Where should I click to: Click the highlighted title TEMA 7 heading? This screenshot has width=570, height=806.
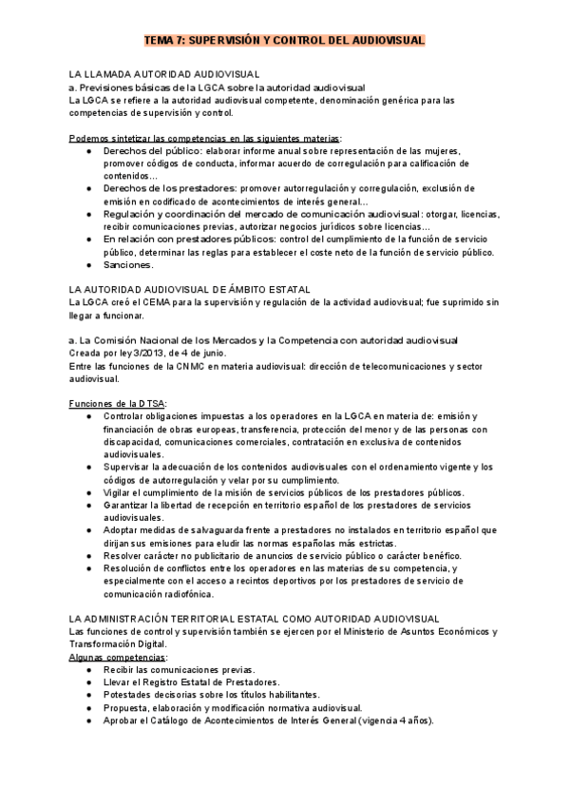[x=284, y=42]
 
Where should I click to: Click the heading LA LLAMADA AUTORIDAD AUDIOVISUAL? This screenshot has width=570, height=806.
[x=165, y=73]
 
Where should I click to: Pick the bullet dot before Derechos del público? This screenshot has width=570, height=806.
[x=88, y=151]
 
